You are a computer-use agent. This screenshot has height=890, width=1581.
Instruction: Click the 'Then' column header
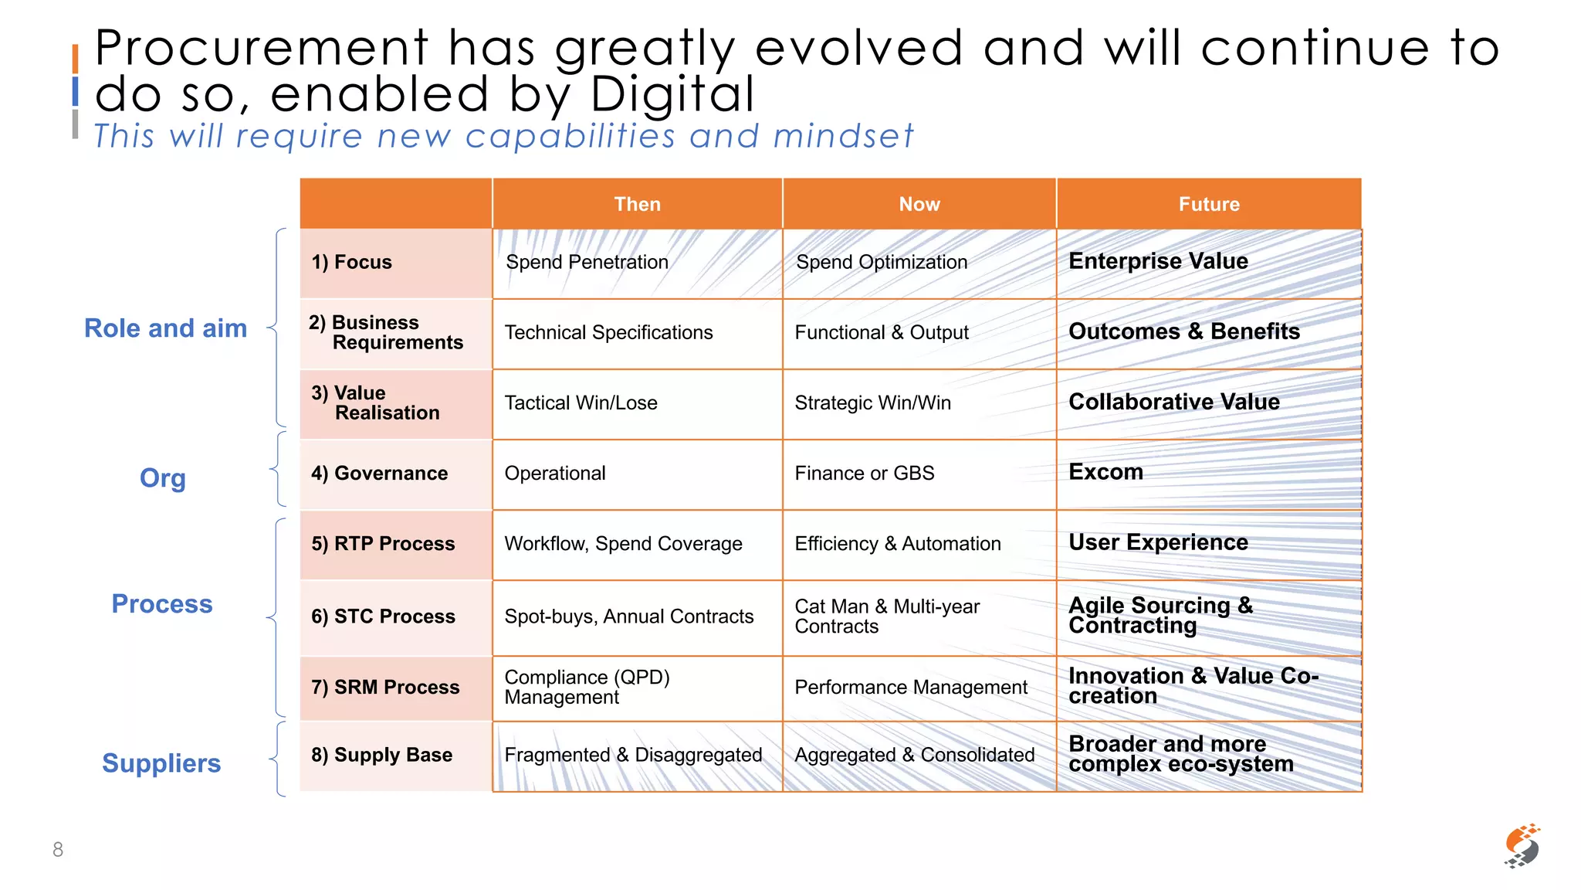(x=637, y=204)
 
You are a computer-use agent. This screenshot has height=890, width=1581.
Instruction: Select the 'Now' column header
(x=919, y=204)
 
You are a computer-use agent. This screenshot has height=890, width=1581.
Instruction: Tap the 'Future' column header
(x=1209, y=204)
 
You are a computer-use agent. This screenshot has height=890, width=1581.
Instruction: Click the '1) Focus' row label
(x=352, y=263)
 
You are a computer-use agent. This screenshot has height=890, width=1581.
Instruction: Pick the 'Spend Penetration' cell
(x=587, y=263)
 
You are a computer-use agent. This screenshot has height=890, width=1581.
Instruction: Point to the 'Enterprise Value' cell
(x=1158, y=261)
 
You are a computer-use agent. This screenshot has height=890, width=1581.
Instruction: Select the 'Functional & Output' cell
(x=882, y=333)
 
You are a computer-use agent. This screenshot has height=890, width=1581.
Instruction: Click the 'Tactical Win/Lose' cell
(x=581, y=403)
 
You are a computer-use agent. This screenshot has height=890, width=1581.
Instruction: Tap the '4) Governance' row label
(x=379, y=474)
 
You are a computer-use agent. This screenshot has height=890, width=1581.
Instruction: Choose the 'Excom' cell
(x=1105, y=472)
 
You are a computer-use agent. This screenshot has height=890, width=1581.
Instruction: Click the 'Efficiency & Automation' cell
(x=898, y=544)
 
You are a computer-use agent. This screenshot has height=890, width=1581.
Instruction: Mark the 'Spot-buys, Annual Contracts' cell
(x=628, y=617)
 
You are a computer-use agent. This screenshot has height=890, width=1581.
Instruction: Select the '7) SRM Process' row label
(x=385, y=688)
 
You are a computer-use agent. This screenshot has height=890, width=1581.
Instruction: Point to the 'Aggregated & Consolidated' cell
(x=915, y=756)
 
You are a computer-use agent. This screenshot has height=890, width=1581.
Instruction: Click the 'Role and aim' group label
(x=165, y=328)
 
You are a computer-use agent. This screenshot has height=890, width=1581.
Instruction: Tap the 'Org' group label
(x=162, y=478)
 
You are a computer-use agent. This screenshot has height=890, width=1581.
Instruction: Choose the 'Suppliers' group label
(x=161, y=763)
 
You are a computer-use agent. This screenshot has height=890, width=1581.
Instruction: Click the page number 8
(x=58, y=850)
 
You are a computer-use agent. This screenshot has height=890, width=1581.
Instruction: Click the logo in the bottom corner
(x=1522, y=846)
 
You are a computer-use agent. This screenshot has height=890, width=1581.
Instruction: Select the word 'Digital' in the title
(x=672, y=94)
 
